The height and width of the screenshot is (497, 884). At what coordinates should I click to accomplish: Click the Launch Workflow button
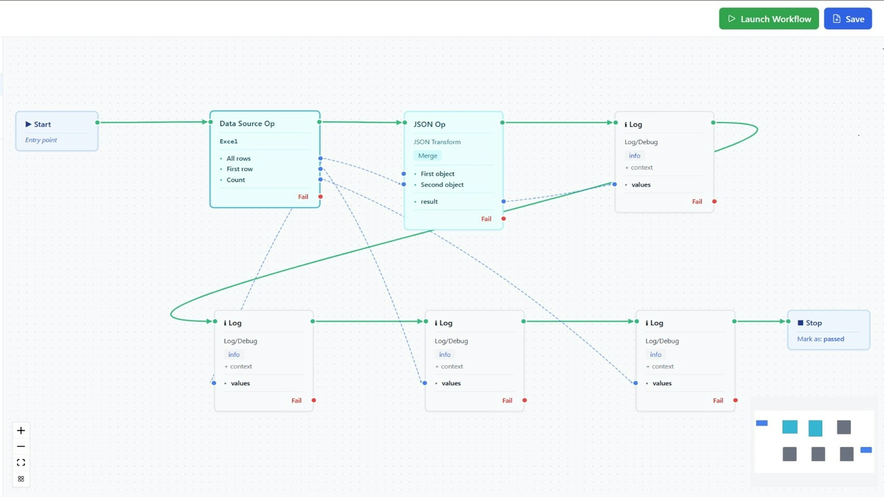tap(768, 19)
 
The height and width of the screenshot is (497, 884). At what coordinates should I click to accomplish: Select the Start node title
tap(42, 124)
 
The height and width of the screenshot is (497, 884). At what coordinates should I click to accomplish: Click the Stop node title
tap(813, 323)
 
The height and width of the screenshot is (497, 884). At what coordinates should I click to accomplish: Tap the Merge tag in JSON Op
tap(427, 156)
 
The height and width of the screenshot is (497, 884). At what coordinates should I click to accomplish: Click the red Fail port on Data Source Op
tap(321, 197)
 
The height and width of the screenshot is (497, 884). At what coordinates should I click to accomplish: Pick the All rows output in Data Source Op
tap(238, 158)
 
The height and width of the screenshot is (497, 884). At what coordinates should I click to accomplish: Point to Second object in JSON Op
tap(442, 185)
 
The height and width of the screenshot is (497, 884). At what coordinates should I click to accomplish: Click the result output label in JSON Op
tap(429, 202)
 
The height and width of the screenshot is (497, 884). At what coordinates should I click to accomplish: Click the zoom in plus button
tap(21, 431)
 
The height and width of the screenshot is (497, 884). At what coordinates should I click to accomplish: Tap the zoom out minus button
tap(21, 446)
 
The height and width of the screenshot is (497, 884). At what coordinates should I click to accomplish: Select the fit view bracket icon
tap(21, 462)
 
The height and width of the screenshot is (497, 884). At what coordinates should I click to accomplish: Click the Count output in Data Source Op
tap(235, 180)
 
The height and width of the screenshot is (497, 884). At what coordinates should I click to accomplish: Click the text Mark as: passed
tap(820, 339)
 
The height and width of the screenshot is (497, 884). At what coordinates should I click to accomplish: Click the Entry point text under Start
tap(41, 140)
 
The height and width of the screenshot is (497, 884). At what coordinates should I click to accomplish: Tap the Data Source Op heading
tap(247, 123)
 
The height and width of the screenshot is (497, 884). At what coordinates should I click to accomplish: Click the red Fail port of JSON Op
tap(503, 219)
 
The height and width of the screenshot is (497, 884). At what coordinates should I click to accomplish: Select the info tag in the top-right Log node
tap(634, 156)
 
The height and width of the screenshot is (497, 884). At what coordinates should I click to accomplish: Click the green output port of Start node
tap(98, 122)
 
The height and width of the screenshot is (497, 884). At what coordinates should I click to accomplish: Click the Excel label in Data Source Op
tap(228, 141)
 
